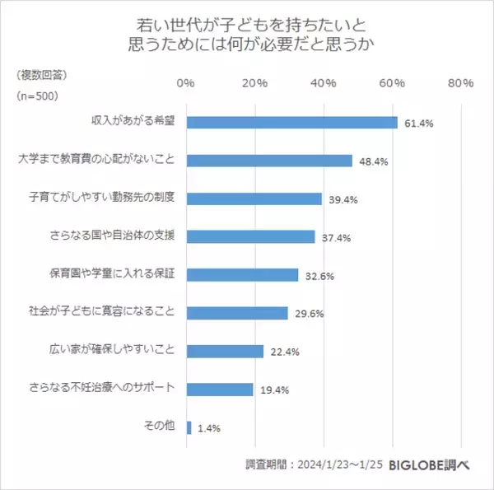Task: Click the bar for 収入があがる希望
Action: [292, 123]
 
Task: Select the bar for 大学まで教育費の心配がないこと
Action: [270, 161]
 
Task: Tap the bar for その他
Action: [189, 427]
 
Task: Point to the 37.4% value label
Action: [337, 238]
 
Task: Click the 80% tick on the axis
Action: [459, 83]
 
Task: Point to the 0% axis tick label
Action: [186, 83]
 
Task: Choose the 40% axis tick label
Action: [323, 83]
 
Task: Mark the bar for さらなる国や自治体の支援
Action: [251, 236]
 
